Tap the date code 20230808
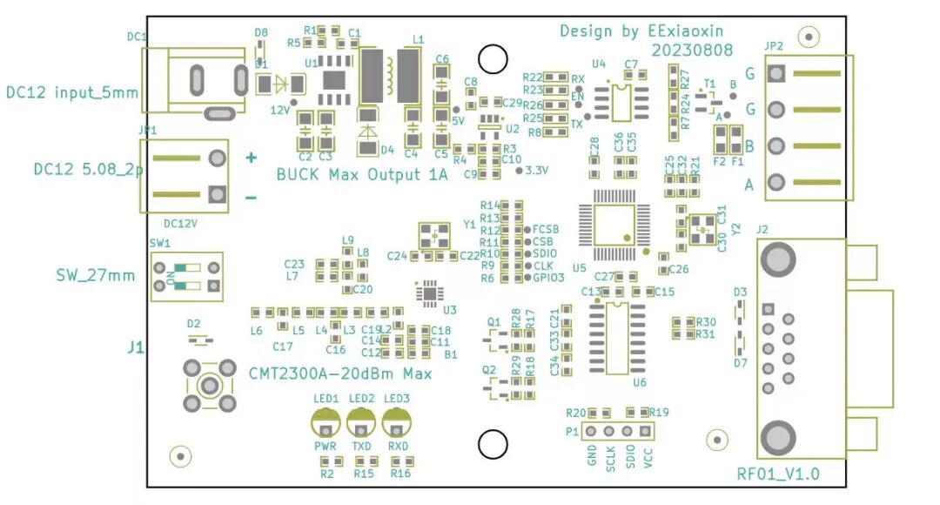click(693, 51)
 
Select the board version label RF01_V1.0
click(778, 474)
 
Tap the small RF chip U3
click(429, 293)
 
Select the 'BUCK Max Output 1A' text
click(362, 174)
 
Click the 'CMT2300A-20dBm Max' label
click(340, 374)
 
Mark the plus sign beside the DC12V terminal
click(251, 158)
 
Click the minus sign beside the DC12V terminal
click(251, 198)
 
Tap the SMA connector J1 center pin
click(210, 385)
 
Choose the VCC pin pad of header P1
click(645, 431)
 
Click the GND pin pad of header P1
click(591, 431)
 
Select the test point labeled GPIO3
click(527, 278)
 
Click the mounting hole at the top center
click(493, 59)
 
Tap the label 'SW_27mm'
click(96, 275)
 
